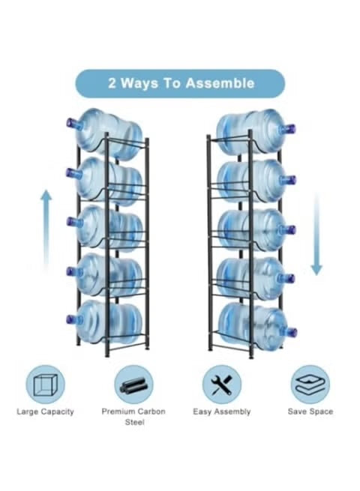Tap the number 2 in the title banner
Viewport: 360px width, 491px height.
pyautogui.click(x=112, y=83)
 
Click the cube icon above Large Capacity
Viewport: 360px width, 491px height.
pyautogui.click(x=46, y=384)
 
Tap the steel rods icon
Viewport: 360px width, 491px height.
pyautogui.click(x=133, y=384)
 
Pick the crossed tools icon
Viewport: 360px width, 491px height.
pyautogui.click(x=222, y=384)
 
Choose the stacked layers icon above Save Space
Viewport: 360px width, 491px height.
pyautogui.click(x=310, y=384)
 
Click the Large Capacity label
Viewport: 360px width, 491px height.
pyautogui.click(x=46, y=412)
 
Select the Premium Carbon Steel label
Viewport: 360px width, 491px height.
pyautogui.click(x=133, y=417)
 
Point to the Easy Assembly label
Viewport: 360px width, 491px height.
pyautogui.click(x=222, y=412)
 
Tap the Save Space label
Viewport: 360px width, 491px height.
pyautogui.click(x=310, y=412)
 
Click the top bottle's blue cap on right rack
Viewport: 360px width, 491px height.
pyautogui.click(x=287, y=129)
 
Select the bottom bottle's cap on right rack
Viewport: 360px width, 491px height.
pyautogui.click(x=289, y=330)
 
